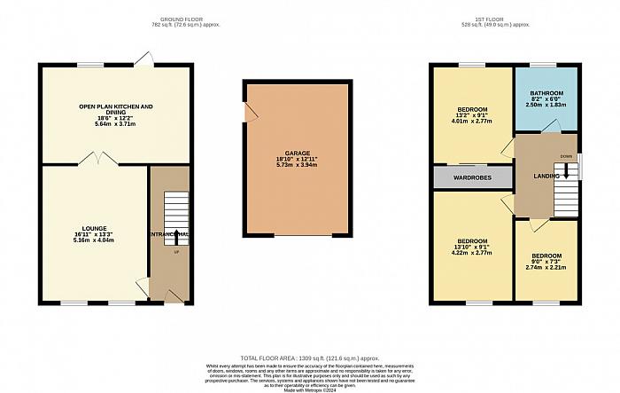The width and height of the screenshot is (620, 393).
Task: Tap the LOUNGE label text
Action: coord(93,227)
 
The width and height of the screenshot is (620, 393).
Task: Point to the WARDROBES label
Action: coord(472,177)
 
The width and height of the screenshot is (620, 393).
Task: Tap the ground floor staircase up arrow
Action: coord(175,237)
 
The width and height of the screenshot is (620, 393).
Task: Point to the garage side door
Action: coord(249,113)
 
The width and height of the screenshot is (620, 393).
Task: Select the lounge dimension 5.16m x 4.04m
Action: coord(93,240)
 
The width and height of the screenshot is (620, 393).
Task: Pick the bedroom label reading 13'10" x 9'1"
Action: coord(471,246)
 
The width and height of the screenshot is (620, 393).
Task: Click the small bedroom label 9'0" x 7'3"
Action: coord(546,262)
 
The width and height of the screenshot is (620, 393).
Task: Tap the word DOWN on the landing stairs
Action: coord(566,157)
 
